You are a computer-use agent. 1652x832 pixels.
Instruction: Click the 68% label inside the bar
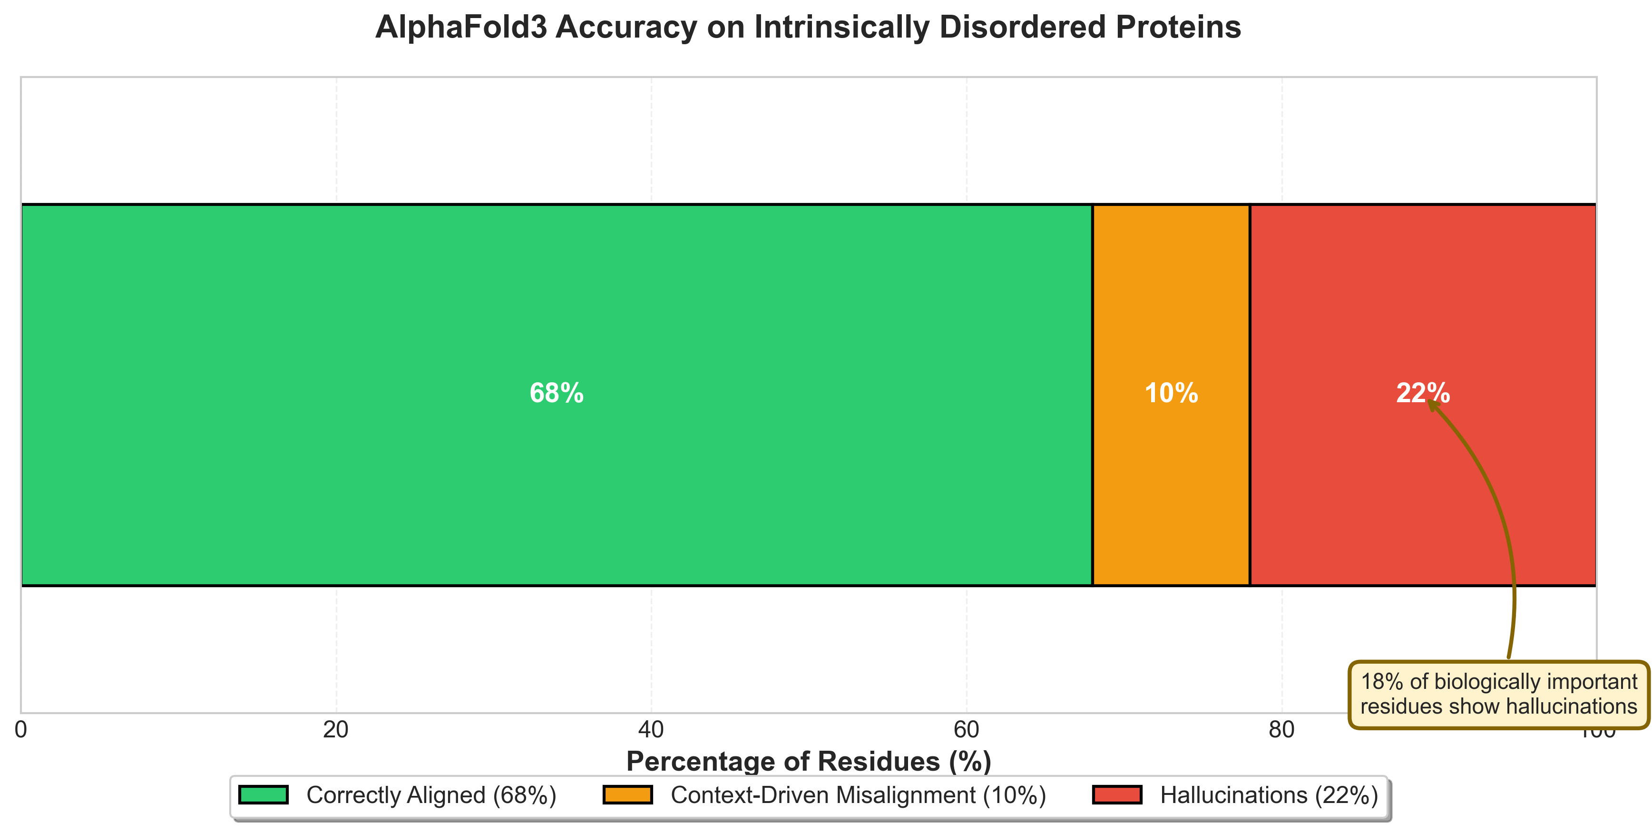point(557,393)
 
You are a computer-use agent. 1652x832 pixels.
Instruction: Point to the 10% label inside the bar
point(1171,393)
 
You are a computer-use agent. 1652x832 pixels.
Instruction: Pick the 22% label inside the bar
point(1422,393)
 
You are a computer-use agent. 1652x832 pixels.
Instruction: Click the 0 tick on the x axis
point(21,729)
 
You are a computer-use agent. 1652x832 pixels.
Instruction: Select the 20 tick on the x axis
point(335,729)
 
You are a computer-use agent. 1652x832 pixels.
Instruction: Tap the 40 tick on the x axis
point(651,729)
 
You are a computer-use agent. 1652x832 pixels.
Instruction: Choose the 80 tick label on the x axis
point(1281,729)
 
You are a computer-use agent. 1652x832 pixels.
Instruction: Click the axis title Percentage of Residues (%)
point(809,762)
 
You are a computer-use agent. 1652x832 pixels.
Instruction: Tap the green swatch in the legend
point(264,795)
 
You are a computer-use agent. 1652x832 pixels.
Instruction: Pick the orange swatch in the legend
point(627,795)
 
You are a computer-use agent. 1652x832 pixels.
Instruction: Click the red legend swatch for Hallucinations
point(1117,795)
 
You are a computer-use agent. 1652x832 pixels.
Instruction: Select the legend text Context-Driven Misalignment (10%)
point(858,795)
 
